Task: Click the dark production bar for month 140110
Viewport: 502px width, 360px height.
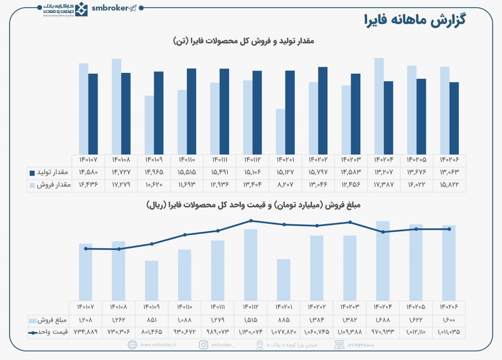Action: pyautogui.click(x=191, y=111)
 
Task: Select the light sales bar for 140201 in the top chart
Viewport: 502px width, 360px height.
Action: pyautogui.click(x=280, y=132)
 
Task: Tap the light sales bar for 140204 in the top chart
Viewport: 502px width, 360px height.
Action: pyautogui.click(x=379, y=106)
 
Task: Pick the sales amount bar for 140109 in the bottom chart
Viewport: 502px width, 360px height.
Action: pyautogui.click(x=151, y=281)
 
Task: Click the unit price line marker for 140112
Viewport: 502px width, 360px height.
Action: pyautogui.click(x=251, y=221)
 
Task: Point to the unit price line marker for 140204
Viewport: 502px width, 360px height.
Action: pyautogui.click(x=383, y=232)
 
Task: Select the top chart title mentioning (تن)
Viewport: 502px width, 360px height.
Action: pyautogui.click(x=244, y=41)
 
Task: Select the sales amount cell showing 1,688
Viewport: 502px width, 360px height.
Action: pyautogui.click(x=382, y=320)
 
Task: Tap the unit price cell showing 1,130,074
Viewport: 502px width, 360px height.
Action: pyautogui.click(x=251, y=332)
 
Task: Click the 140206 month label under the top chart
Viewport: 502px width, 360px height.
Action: pyautogui.click(x=449, y=160)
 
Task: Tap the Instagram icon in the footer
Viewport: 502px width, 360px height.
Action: pyautogui.click(x=204, y=345)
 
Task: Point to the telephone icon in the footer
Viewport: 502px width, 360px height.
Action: pyautogui.click(x=339, y=345)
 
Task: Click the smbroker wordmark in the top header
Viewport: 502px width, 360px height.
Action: pyautogui.click(x=109, y=8)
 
